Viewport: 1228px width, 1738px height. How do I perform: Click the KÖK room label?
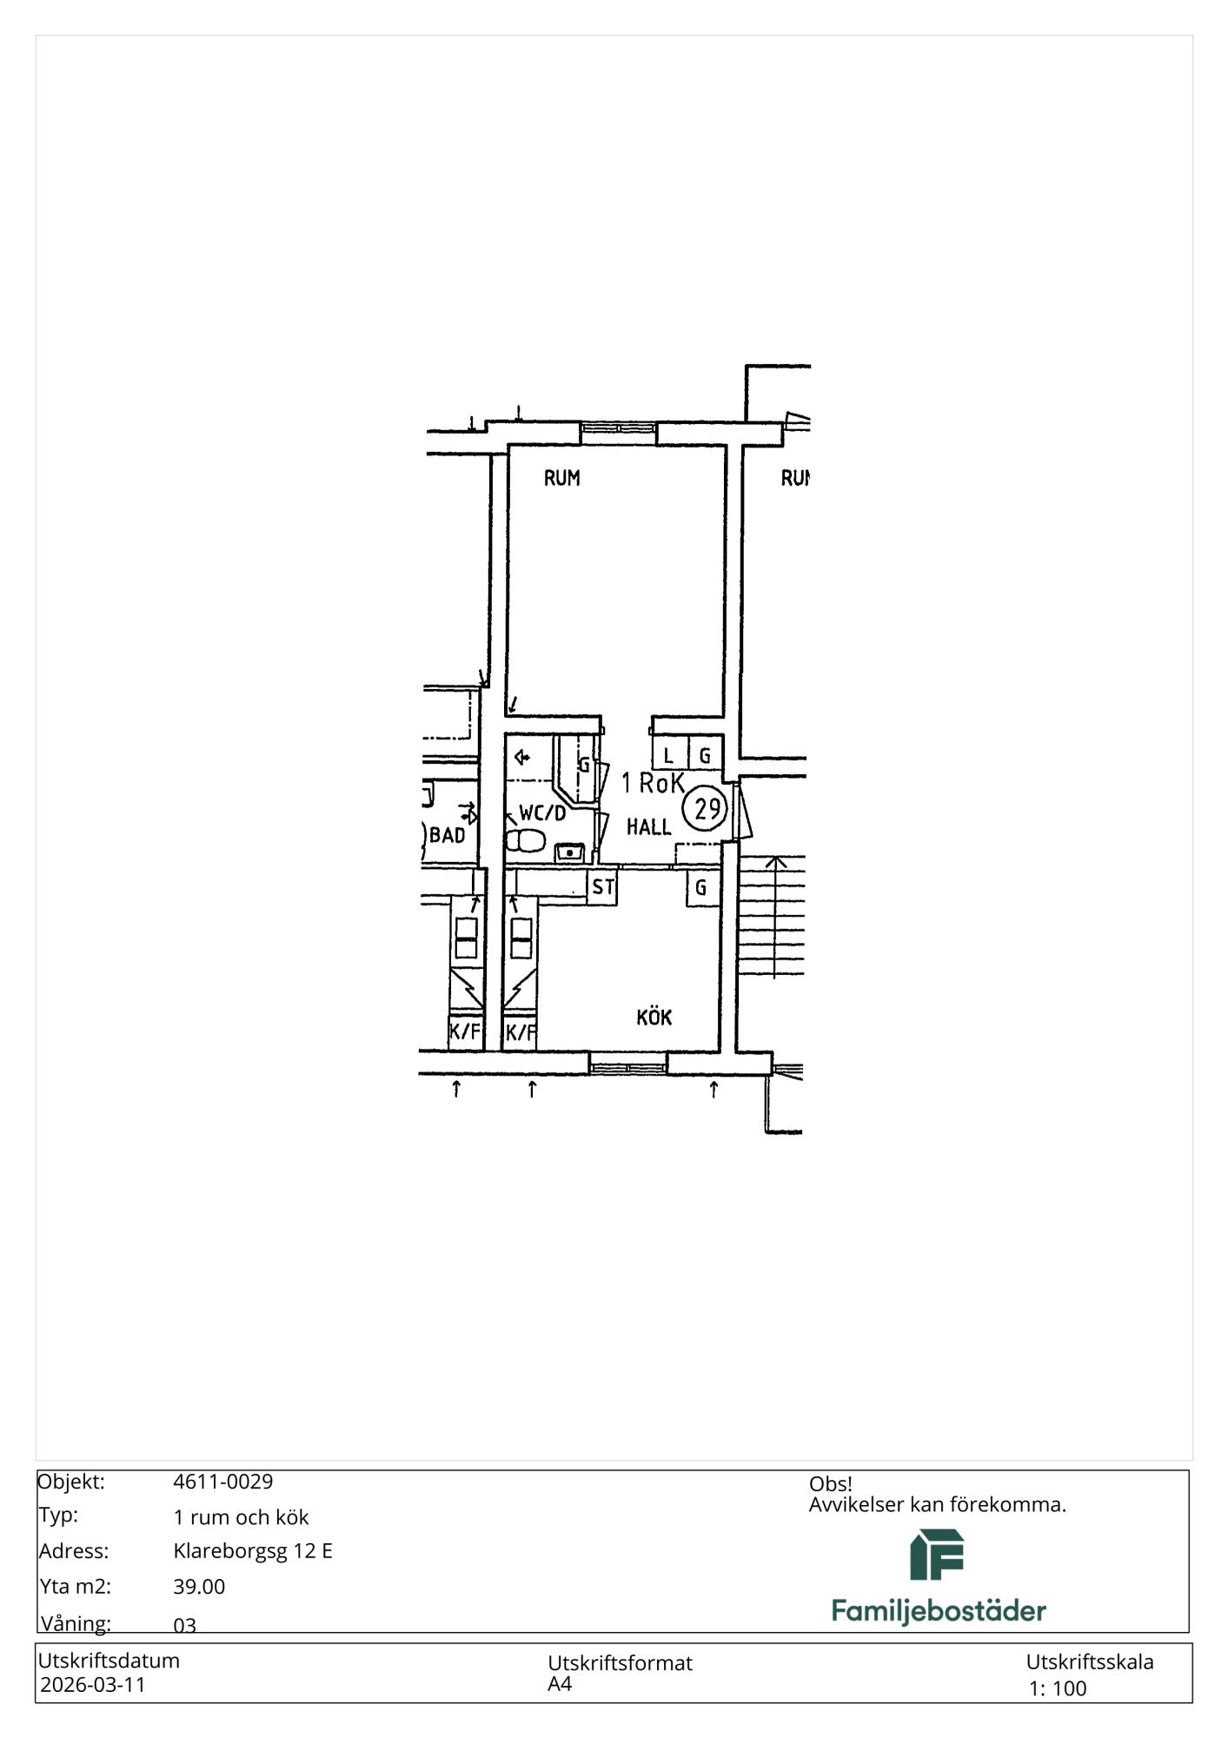[654, 1016]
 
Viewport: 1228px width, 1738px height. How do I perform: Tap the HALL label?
[648, 826]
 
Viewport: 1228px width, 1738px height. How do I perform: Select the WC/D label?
[542, 813]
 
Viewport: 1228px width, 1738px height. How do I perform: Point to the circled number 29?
[706, 808]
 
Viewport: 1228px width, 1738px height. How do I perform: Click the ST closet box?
[603, 887]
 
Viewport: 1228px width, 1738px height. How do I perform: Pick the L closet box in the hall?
[669, 753]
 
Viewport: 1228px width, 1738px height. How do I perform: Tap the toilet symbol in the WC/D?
[525, 840]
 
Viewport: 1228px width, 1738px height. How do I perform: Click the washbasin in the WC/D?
[569, 852]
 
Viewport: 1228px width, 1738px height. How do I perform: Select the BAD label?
[448, 835]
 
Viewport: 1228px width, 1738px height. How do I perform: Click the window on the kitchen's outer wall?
[628, 1063]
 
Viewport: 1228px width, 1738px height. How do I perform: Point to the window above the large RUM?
[618, 433]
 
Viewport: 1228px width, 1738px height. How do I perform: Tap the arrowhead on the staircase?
[775, 863]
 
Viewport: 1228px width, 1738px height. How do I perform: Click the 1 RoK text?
[653, 783]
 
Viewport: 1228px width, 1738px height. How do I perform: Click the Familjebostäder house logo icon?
[937, 1555]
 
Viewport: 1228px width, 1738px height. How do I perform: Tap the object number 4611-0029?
[222, 1482]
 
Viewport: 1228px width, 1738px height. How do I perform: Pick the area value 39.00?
[199, 1586]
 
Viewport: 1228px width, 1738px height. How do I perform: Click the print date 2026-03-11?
[93, 1684]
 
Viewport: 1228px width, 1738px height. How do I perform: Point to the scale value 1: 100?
[1058, 1688]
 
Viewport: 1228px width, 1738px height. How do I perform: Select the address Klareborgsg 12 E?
[253, 1551]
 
